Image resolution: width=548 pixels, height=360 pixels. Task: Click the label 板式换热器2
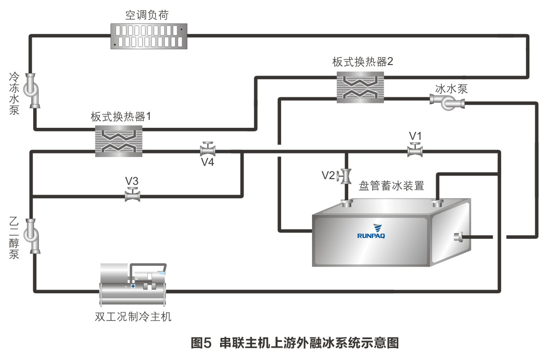point(363,62)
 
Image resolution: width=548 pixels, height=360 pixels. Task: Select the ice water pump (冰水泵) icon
point(447,103)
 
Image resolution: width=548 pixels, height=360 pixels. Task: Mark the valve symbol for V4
point(207,149)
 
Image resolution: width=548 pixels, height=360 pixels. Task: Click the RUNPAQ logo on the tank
point(371,231)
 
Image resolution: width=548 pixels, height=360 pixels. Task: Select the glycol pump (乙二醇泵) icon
point(32,235)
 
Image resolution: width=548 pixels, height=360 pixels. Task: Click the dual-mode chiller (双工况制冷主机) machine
point(132,285)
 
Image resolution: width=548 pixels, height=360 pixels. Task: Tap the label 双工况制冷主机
point(133,317)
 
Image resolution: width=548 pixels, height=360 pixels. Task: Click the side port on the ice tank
point(458,237)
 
